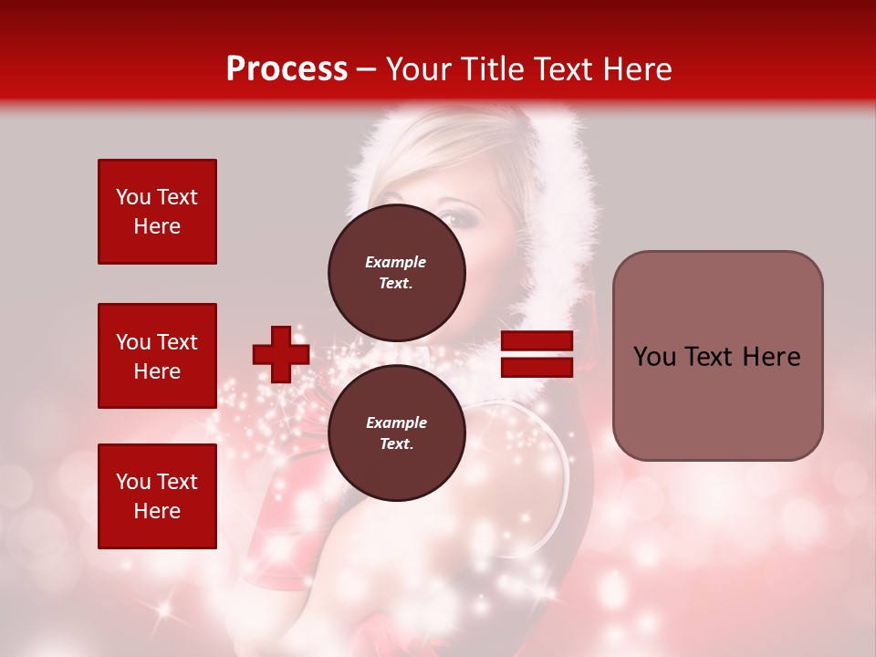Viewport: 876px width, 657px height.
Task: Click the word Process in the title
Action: click(x=287, y=69)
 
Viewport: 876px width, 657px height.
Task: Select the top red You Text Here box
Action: click(x=157, y=212)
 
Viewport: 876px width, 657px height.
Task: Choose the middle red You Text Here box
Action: click(x=157, y=356)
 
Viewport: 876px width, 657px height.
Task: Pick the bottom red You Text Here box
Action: click(x=157, y=496)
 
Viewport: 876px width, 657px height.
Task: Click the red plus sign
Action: click(x=281, y=354)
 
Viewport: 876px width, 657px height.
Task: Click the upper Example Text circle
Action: click(x=397, y=272)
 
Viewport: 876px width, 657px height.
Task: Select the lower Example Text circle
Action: click(x=397, y=433)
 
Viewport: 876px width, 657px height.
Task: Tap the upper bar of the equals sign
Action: click(x=537, y=341)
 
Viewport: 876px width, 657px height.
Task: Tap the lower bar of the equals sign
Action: click(x=537, y=368)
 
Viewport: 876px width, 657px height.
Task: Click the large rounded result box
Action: click(x=717, y=356)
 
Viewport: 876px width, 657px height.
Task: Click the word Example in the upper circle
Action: click(x=395, y=262)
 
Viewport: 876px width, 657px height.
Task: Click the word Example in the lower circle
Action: click(x=395, y=422)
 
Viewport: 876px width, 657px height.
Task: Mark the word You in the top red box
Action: click(x=132, y=197)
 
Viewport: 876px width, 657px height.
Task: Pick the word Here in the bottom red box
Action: click(x=157, y=511)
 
